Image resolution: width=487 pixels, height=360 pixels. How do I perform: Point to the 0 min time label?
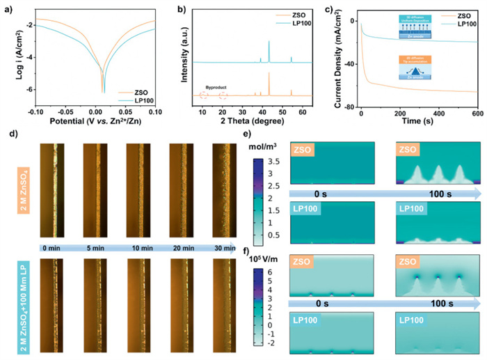(x=51, y=247)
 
